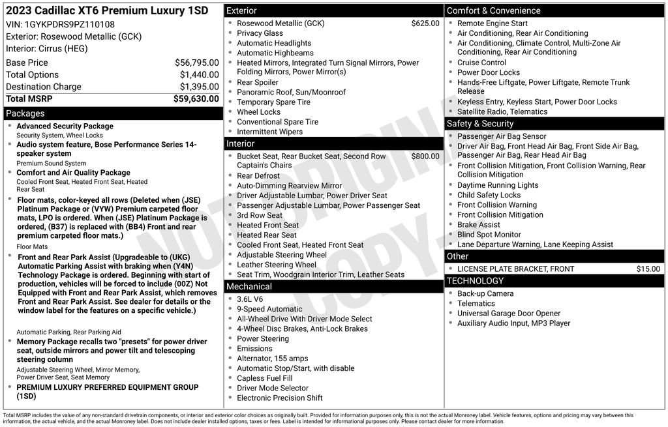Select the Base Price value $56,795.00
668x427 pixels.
[x=196, y=63]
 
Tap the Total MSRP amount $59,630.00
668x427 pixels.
[x=196, y=99]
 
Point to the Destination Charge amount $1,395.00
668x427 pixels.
[x=199, y=87]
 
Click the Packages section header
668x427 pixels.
[x=25, y=113]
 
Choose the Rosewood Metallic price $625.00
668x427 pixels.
[x=425, y=23]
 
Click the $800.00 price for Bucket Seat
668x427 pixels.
[x=425, y=156]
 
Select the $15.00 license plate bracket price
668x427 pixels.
[x=648, y=269]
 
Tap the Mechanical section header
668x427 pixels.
[x=249, y=286]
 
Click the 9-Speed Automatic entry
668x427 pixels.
[x=269, y=309]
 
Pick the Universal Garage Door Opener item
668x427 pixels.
[x=509, y=314]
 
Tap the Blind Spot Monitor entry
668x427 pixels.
[x=489, y=235]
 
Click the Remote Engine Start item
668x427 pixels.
[x=492, y=23]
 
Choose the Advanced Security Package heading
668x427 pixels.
[x=65, y=126]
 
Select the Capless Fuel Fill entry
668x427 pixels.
[x=264, y=378]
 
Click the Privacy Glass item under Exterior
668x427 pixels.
[x=260, y=33]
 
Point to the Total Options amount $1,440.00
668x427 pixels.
[x=199, y=75]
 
